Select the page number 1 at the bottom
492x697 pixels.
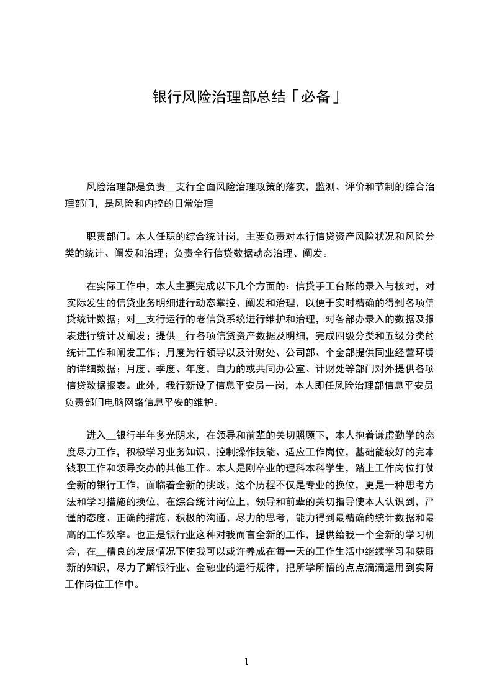pos(246,661)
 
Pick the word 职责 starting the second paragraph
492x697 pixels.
pos(96,236)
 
